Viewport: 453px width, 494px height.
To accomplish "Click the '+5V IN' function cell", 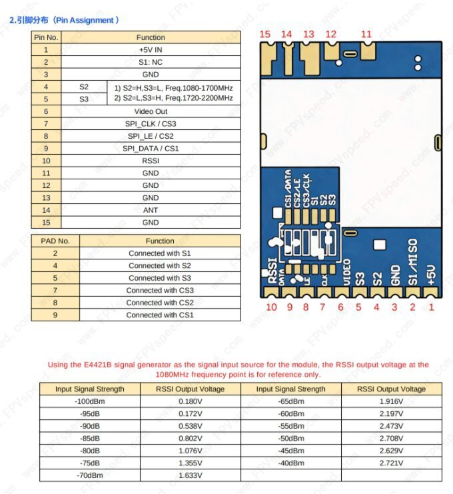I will (x=151, y=49).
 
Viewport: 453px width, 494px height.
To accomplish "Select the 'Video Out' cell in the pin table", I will (x=151, y=111).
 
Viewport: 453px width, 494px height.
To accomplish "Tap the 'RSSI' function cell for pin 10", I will (x=151, y=161).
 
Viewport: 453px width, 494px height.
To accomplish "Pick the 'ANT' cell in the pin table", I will (x=151, y=210).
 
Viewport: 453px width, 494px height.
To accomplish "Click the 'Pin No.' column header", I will (x=46, y=37).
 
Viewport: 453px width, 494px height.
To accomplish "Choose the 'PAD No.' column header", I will (x=55, y=241).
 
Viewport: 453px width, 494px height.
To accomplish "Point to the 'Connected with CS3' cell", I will (x=160, y=290).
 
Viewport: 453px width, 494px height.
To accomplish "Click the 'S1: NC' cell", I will (x=151, y=62).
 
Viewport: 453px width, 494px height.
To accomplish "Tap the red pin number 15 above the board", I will (x=265, y=34).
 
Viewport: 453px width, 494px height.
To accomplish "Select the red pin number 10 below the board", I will (x=271, y=307).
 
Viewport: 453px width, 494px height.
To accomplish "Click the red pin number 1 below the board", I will (x=430, y=307).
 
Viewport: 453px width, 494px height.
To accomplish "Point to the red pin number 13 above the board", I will (x=308, y=34).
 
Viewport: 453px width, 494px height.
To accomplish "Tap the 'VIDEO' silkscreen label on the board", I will (x=346, y=273).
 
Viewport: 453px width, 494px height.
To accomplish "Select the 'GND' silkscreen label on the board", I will (x=395, y=275).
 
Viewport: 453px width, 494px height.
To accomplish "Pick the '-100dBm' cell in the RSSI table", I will (x=90, y=401).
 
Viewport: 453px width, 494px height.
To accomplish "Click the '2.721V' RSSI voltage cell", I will (x=392, y=463).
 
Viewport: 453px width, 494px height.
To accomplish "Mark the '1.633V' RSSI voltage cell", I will (x=191, y=475).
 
